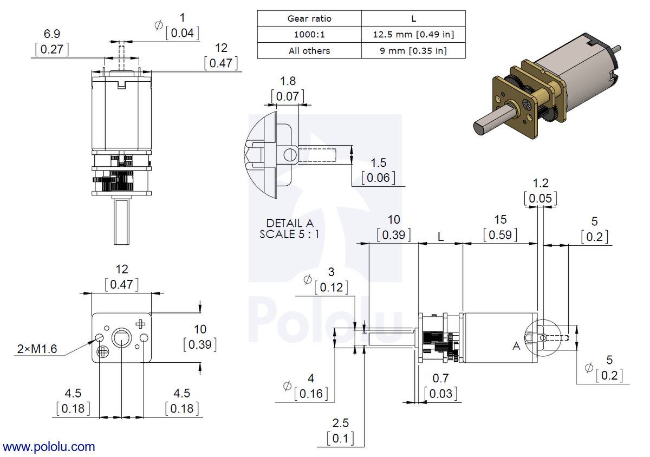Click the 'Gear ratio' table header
tap(309, 18)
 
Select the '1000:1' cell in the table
tap(309, 35)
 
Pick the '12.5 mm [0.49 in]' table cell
tap(413, 35)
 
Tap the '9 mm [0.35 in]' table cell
tap(413, 51)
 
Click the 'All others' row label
tap(309, 51)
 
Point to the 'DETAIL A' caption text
tap(290, 223)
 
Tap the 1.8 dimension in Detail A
tap(288, 81)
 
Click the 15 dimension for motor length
tap(500, 219)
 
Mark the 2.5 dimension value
tap(341, 423)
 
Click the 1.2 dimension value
tap(540, 183)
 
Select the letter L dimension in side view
tap(441, 237)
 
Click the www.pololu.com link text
tap(49, 447)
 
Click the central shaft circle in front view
tap(121, 339)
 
